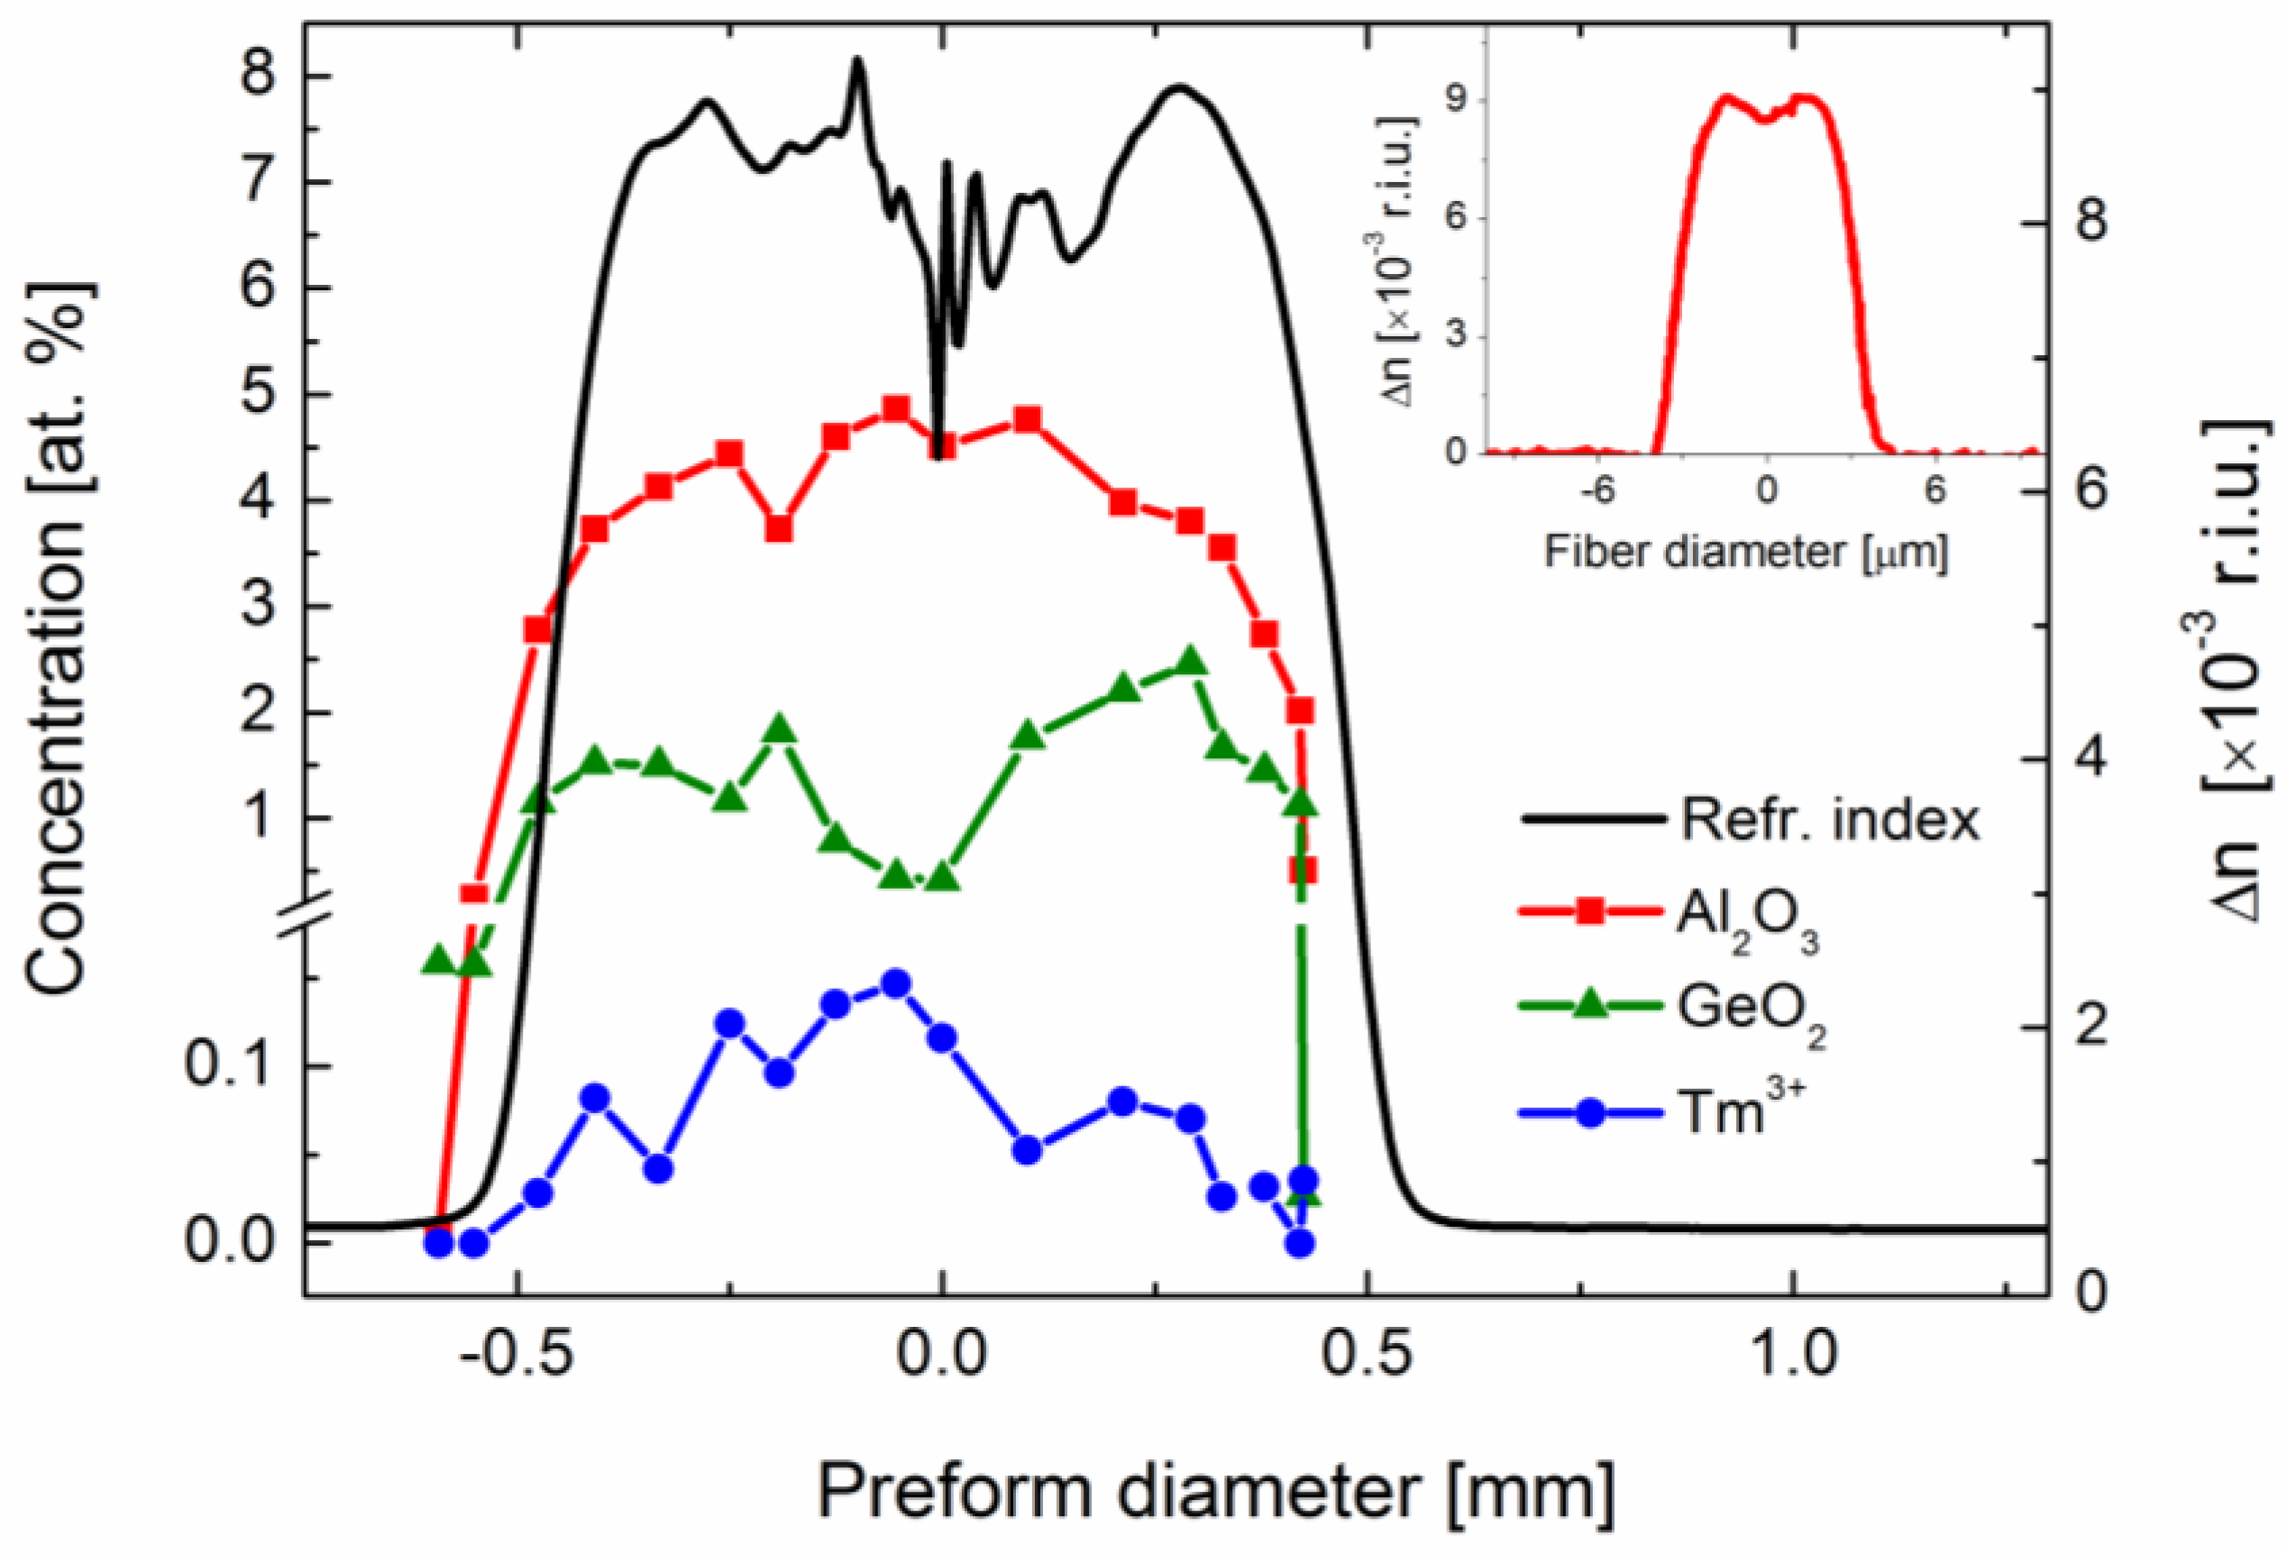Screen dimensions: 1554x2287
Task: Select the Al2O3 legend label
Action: pos(1747,923)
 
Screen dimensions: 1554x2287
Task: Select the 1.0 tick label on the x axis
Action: pos(1793,1353)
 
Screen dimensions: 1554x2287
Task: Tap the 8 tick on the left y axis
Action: pos(258,77)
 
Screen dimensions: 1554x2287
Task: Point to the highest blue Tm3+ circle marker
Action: pos(894,983)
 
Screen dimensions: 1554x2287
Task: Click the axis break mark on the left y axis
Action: pos(304,907)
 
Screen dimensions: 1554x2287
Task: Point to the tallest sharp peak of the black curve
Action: pos(857,61)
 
